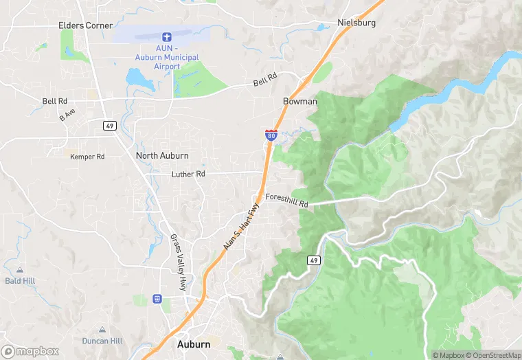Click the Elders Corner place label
point(84,25)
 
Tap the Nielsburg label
point(356,22)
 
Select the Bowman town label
point(300,101)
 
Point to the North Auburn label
point(162,155)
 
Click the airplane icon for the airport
point(166,36)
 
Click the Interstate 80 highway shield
point(271,135)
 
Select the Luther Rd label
point(188,174)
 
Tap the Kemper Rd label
point(87,157)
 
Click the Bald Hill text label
point(19,280)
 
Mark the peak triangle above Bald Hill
point(19,270)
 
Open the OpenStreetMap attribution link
point(493,355)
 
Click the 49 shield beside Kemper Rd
point(109,125)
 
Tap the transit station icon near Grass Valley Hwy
point(157,299)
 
